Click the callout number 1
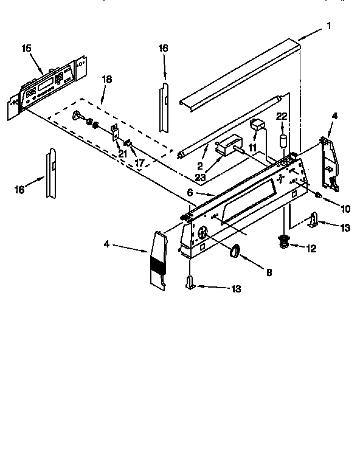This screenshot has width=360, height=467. coord(329,26)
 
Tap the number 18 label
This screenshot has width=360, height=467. coord(107,80)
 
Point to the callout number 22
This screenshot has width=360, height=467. coord(282,117)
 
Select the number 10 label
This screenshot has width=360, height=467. coord(345,209)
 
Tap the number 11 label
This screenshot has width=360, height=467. coord(252,148)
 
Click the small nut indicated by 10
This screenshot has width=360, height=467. coord(318,195)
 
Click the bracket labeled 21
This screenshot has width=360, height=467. coord(115,133)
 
